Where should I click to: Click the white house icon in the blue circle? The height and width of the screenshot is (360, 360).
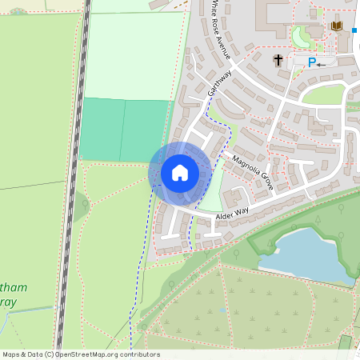click(179, 173)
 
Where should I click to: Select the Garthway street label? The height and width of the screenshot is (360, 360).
click(218, 82)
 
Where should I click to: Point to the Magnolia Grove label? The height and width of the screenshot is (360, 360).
click(253, 173)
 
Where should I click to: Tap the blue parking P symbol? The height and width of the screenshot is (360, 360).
click(311, 62)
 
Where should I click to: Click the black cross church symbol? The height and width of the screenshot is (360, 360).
click(278, 61)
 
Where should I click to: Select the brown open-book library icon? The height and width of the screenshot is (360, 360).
click(336, 27)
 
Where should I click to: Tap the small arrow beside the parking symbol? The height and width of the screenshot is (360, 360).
click(322, 63)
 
